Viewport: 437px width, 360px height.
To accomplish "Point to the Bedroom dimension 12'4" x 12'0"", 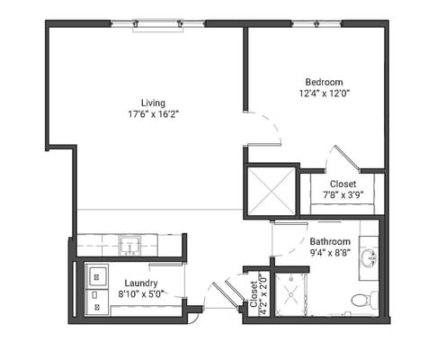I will tap(323, 92).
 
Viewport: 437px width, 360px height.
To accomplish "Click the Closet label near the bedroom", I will tap(343, 184).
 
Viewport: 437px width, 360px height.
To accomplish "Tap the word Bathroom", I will tap(331, 242).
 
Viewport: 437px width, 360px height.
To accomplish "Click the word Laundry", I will tap(140, 282).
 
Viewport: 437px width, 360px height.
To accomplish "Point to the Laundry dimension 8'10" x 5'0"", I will tap(140, 294).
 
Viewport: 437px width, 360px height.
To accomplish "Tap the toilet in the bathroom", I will tap(361, 298).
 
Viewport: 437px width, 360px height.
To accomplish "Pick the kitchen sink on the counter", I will tap(129, 244).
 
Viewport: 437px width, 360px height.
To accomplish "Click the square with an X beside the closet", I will tap(271, 190).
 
